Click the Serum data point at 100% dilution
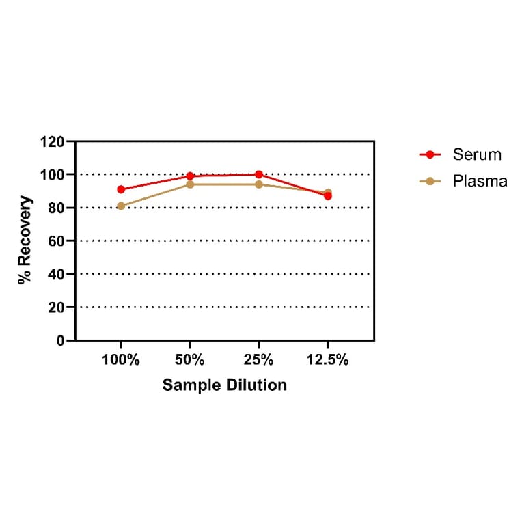point(121,189)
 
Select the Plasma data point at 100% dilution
point(121,206)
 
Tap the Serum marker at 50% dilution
point(190,176)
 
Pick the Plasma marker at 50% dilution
point(190,184)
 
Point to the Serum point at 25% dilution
point(259,174)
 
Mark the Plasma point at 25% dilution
point(259,184)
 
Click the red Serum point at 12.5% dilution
point(328,196)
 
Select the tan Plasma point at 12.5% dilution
point(328,193)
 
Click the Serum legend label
point(477,154)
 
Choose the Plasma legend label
point(480,181)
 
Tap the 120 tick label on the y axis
point(53,142)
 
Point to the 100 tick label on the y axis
point(53,175)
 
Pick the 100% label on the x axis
point(121,360)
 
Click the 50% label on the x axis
point(190,360)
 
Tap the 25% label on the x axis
point(259,360)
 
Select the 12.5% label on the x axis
point(328,360)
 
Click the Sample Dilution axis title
point(224,385)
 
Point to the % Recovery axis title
point(25,241)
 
